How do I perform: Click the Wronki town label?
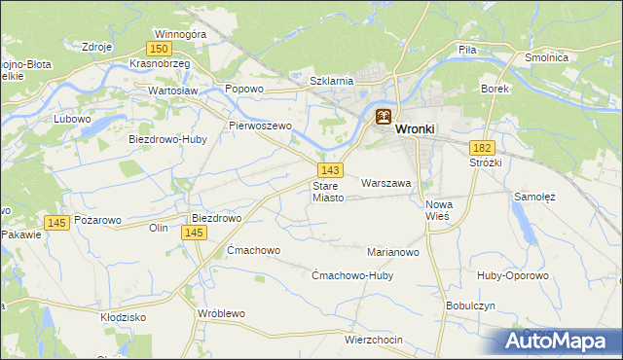(416, 127)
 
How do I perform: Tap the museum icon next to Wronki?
(384, 118)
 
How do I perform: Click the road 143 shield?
(328, 170)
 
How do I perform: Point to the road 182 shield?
(482, 147)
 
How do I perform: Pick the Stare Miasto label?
(328, 191)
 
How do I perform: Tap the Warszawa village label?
(386, 182)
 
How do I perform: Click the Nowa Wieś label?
(440, 210)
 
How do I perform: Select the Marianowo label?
(392, 251)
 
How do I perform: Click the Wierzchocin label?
(373, 340)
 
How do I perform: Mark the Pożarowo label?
(97, 221)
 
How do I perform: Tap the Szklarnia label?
(330, 81)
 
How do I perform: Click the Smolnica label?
(573, 57)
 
